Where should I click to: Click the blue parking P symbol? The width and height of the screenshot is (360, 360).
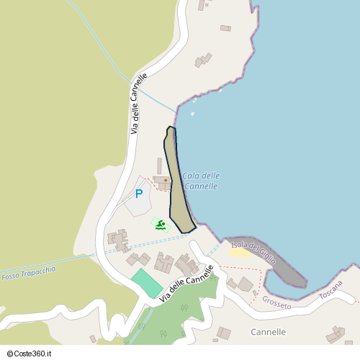[x=139, y=194]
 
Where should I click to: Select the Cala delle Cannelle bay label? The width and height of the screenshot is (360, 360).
[x=200, y=181]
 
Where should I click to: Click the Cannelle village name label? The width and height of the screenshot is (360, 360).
[x=268, y=332]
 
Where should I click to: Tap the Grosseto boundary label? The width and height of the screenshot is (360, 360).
[x=276, y=302]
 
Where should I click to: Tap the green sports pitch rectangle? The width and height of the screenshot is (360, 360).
[x=147, y=282]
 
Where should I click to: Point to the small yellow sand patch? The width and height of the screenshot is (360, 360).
[x=239, y=252]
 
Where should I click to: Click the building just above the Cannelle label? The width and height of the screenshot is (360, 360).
[x=224, y=333]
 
